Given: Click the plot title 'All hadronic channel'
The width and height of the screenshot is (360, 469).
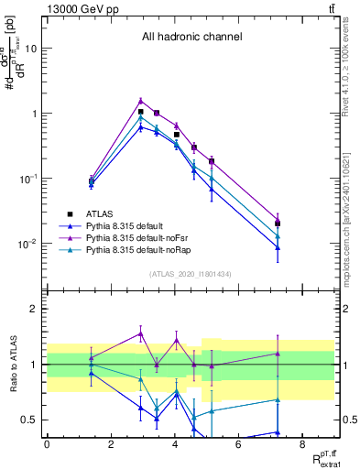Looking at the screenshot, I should [191, 38].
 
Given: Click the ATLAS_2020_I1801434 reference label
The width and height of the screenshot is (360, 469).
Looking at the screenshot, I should [191, 274].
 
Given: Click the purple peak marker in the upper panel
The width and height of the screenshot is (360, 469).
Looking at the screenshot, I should [140, 101].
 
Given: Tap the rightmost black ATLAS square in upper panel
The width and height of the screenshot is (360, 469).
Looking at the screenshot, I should [303, 223].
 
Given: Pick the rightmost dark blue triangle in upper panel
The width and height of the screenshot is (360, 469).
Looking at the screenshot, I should [303, 246].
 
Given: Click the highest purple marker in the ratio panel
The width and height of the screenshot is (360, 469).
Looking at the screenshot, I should [140, 333].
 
